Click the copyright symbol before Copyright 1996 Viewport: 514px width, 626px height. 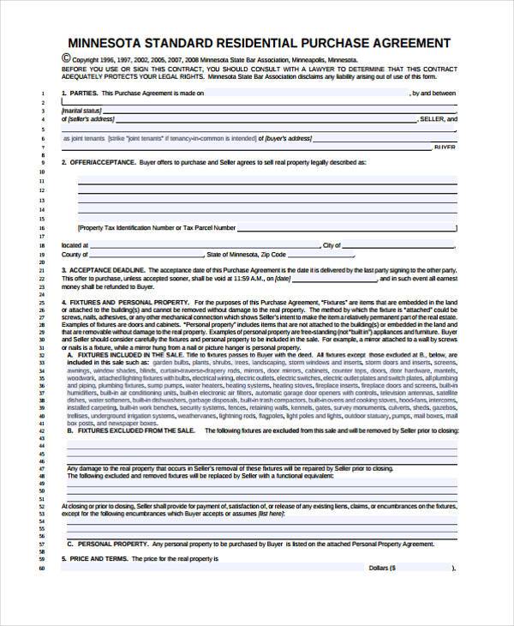click(x=67, y=57)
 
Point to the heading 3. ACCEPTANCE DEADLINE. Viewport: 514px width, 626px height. click(x=107, y=271)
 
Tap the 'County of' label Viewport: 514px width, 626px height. click(x=75, y=255)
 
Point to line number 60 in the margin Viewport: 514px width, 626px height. click(x=41, y=568)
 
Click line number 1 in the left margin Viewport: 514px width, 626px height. click(x=43, y=93)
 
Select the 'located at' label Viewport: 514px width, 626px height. click(x=74, y=245)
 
